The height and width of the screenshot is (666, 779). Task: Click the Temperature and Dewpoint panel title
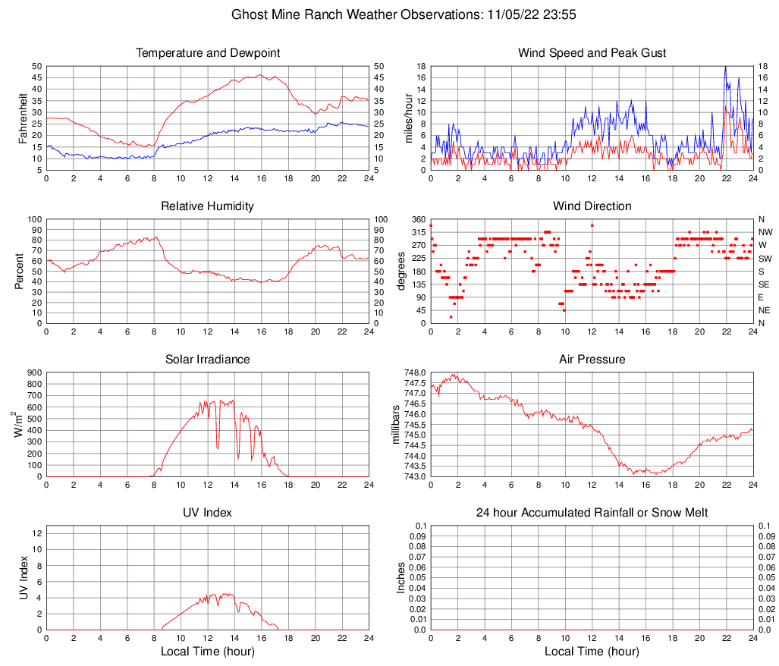(208, 53)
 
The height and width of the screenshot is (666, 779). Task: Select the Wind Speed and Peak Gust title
(592, 53)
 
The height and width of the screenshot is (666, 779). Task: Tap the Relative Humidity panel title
(208, 206)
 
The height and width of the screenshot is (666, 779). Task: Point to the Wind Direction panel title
(592, 206)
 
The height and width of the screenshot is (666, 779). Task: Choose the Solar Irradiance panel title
(208, 360)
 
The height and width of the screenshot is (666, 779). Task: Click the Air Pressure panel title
(592, 360)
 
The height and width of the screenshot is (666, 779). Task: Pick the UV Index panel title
(208, 513)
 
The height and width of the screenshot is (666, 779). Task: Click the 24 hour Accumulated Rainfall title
(592, 513)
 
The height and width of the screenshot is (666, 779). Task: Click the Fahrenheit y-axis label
(24, 118)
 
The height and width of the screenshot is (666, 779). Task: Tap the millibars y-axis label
(397, 424)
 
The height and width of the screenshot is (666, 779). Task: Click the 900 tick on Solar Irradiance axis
(33, 373)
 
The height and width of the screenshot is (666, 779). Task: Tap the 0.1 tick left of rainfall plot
(418, 526)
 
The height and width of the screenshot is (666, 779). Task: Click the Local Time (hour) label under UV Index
(208, 652)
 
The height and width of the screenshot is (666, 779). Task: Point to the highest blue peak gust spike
(726, 67)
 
